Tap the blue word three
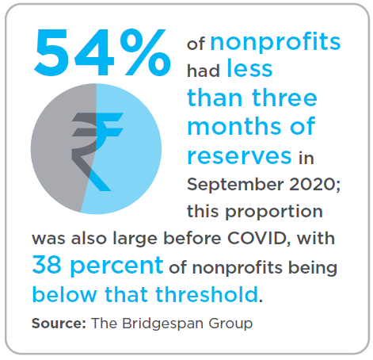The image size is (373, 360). point(282,98)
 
